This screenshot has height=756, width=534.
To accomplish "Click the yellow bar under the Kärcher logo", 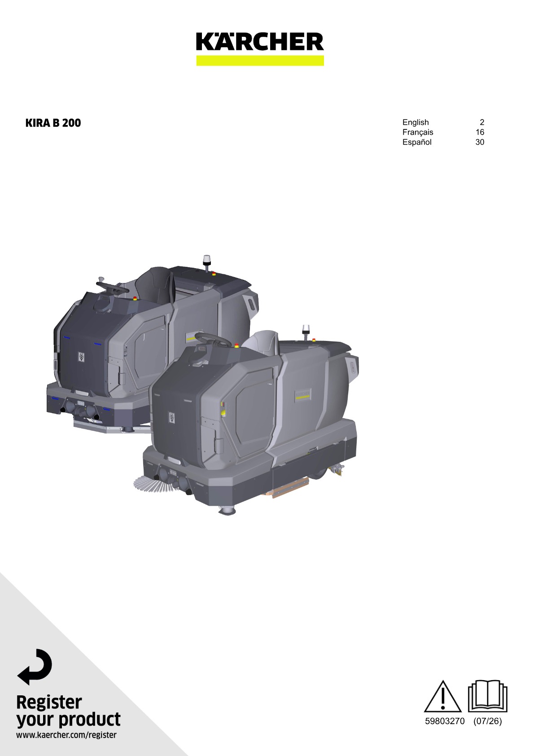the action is click(260, 60).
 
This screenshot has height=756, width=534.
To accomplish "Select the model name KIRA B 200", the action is click(53, 123).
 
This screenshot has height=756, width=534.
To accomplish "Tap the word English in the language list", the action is click(416, 122).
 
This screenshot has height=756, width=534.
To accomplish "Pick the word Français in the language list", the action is click(418, 132).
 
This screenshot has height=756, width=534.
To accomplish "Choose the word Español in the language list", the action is click(417, 142).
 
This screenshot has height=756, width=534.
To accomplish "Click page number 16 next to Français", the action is click(480, 132).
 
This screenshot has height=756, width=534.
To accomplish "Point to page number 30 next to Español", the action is click(480, 142).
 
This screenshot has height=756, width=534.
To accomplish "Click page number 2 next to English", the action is click(482, 122).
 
